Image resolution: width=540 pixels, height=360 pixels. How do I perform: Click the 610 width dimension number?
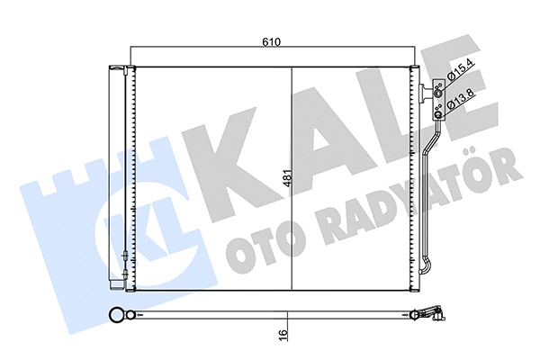273,42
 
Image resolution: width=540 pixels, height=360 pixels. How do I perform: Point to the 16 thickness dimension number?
284,334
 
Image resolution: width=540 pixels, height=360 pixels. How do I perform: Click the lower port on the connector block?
438,112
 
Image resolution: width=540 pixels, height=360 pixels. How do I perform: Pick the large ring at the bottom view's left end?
116,315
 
